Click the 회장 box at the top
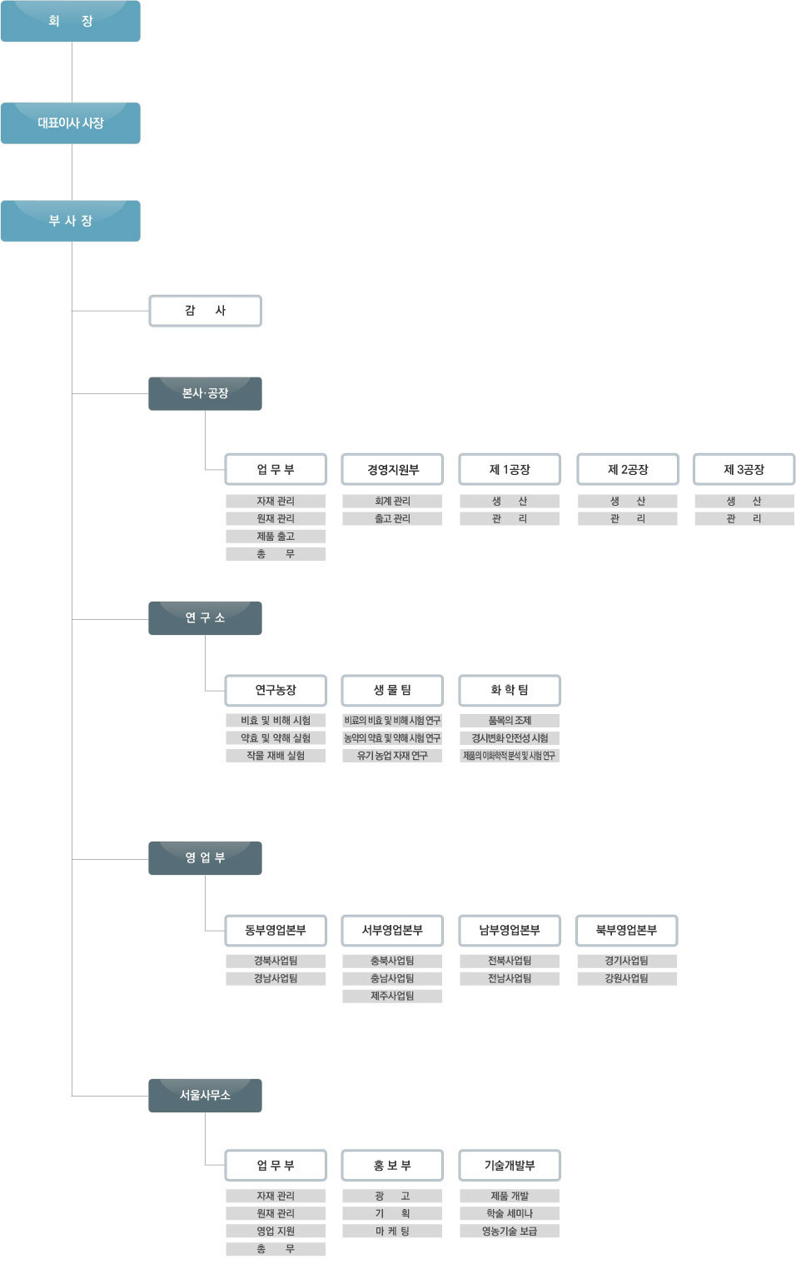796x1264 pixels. click(71, 21)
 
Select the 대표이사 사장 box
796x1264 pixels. click(71, 123)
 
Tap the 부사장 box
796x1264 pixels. click(71, 221)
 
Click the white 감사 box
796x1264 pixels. click(205, 311)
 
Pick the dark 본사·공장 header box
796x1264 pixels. click(205, 393)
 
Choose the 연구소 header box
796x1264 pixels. click(205, 618)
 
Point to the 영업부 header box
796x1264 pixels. click(205, 857)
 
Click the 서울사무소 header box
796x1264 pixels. click(205, 1096)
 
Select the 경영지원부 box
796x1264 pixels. click(392, 469)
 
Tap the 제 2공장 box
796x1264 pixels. click(628, 469)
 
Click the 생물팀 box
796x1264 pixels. click(392, 690)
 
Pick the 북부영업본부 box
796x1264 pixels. click(626, 930)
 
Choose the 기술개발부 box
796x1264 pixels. click(510, 1165)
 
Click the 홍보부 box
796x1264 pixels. click(392, 1165)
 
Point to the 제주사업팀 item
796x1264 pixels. click(392, 996)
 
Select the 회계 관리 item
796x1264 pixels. click(392, 501)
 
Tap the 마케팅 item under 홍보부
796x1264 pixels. click(392, 1231)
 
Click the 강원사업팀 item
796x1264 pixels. click(627, 978)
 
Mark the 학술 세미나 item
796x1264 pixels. click(510, 1213)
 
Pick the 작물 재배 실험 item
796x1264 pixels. click(276, 756)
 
